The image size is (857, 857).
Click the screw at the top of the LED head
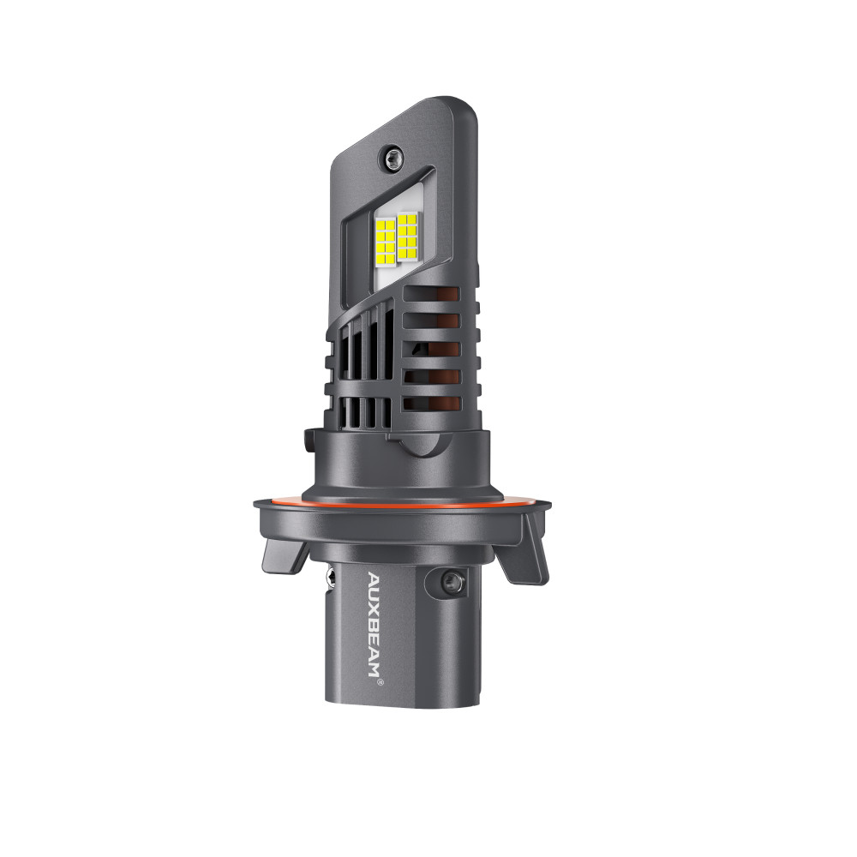[x=393, y=159]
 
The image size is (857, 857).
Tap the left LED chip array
[x=387, y=241]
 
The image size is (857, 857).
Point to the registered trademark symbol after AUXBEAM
[x=381, y=682]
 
